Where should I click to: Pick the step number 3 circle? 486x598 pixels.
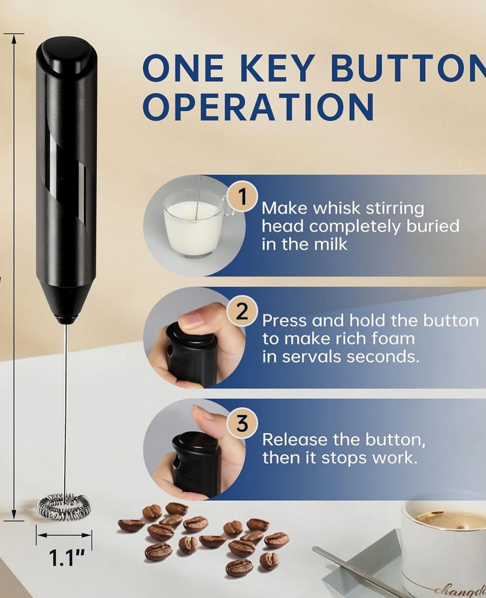[242, 423]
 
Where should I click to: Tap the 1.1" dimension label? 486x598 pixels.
[64, 558]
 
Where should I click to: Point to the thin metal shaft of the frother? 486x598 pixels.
[65, 403]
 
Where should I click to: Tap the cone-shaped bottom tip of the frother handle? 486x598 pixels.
[65, 304]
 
